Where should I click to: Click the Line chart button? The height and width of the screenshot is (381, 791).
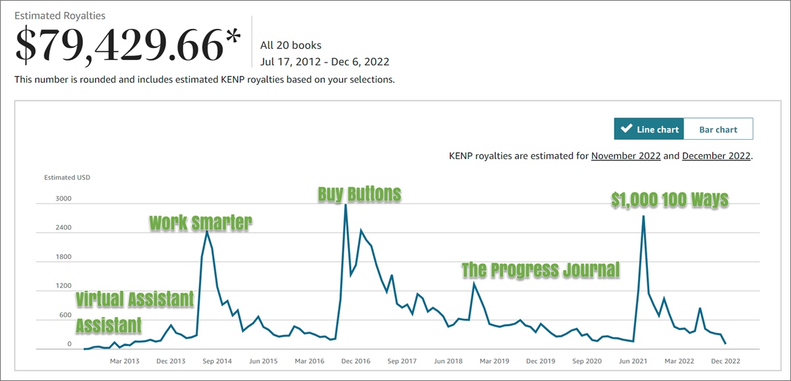coord(649,129)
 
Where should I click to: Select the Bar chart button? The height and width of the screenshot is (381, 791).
coord(718,129)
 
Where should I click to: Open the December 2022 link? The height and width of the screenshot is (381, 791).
coord(716,156)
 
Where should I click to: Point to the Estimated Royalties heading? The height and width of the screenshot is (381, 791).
coord(60,15)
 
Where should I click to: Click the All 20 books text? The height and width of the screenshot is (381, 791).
coord(291,45)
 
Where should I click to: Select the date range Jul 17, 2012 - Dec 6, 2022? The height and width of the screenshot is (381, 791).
coord(325,62)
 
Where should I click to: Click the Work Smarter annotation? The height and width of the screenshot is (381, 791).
coord(200,223)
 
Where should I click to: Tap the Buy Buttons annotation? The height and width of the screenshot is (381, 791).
coord(359,194)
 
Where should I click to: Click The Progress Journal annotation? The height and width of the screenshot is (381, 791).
coord(541,270)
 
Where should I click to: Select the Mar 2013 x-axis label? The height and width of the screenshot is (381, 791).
coord(125,361)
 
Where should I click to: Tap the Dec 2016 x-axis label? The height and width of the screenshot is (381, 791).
coord(357,361)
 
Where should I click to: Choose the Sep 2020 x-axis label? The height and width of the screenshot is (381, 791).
coord(587,361)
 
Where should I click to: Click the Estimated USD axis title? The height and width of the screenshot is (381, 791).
coord(67,177)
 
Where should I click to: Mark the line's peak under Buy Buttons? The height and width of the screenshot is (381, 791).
coord(345,204)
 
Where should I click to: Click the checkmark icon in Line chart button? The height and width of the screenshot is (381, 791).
coord(627,129)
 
